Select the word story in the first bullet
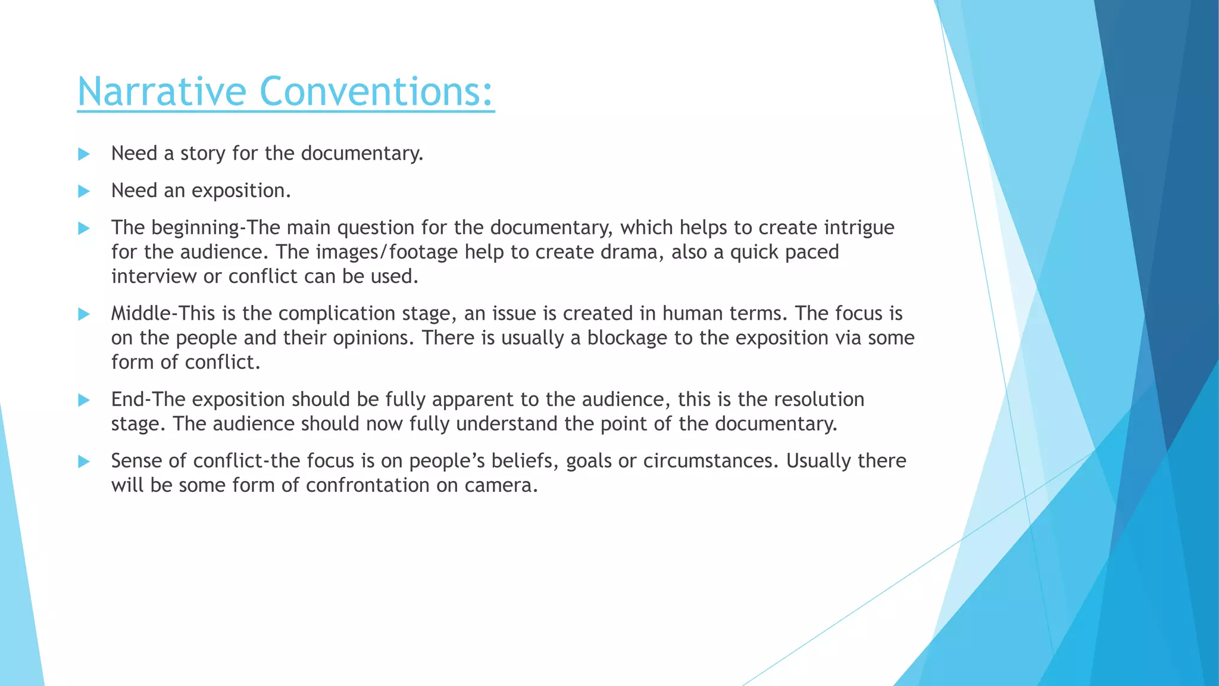point(203,154)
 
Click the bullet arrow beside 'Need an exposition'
point(84,191)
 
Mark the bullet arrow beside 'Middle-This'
point(84,314)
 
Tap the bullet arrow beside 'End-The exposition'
point(84,400)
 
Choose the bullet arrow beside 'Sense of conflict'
point(84,461)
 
